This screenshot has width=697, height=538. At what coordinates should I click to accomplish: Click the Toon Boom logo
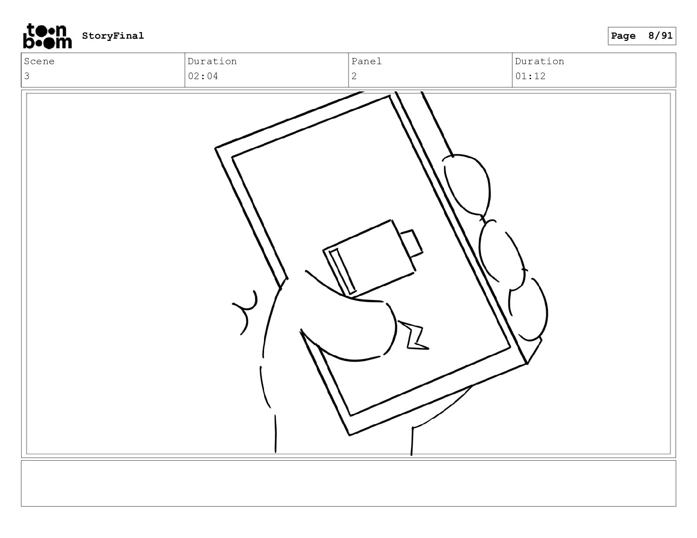(x=48, y=36)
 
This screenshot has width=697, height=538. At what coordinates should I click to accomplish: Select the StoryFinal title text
(x=113, y=36)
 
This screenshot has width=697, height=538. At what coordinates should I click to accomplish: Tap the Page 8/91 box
(x=642, y=36)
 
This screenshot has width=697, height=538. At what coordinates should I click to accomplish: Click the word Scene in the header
(x=39, y=61)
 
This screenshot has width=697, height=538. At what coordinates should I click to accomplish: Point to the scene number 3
(x=27, y=76)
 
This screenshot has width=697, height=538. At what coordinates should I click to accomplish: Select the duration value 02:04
(x=203, y=76)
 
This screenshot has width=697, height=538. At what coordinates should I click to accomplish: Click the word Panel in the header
(x=366, y=61)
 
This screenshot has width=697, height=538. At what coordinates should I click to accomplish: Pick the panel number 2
(x=354, y=76)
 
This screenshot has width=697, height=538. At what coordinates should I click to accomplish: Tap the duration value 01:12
(x=530, y=76)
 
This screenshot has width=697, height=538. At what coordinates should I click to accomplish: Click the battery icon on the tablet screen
(x=372, y=258)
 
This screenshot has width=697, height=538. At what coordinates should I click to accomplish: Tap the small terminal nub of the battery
(x=412, y=244)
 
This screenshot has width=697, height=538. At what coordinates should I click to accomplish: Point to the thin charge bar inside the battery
(x=343, y=271)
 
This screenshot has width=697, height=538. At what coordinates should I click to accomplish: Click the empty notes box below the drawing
(x=348, y=483)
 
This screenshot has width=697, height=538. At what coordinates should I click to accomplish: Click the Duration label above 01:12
(x=539, y=61)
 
